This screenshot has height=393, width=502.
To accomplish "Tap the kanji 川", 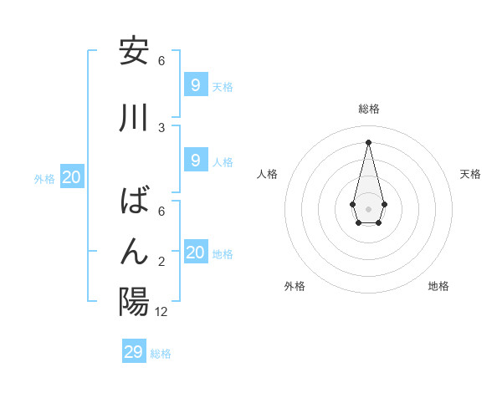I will tap(134, 118).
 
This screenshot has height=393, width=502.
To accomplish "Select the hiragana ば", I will tap(134, 202).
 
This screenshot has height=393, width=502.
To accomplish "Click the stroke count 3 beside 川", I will tap(161, 127).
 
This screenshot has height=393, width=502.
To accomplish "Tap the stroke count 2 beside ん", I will tap(161, 262).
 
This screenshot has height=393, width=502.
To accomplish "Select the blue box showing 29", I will tap(134, 352).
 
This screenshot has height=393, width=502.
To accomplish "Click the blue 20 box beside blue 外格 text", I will tap(72, 177).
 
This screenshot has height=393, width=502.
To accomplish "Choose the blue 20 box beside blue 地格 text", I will tap(196, 253).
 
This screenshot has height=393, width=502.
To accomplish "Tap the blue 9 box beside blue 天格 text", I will tap(195, 85).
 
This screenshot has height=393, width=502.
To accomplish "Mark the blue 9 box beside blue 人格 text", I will tap(195, 161).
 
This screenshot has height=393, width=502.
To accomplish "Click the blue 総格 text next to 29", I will tap(161, 354).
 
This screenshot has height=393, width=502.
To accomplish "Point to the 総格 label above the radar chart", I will tap(368, 109).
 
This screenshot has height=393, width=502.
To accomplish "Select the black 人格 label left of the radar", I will tap(268, 174).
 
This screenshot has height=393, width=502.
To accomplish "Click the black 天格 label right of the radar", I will tap(470, 174).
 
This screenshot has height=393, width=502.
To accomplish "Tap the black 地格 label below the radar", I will tap(438, 286).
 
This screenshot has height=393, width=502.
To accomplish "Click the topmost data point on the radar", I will tap(368, 141).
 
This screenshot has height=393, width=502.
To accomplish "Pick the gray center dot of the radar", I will tap(368, 208).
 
